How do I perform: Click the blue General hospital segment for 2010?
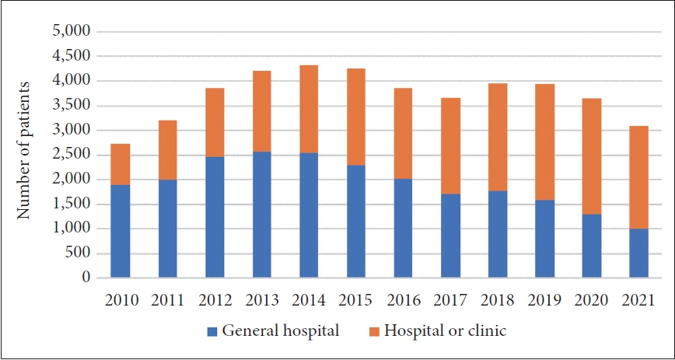tap(120, 231)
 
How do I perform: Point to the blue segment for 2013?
tap(261, 215)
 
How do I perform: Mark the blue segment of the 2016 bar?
tap(403, 228)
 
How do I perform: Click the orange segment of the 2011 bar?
tap(167, 150)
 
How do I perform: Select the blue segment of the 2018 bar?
tap(497, 234)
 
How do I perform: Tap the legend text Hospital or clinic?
tap(443, 331)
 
